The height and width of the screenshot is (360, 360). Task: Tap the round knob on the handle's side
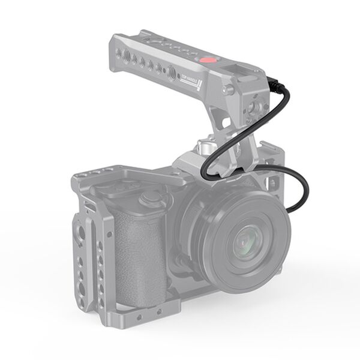click(229, 90)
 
